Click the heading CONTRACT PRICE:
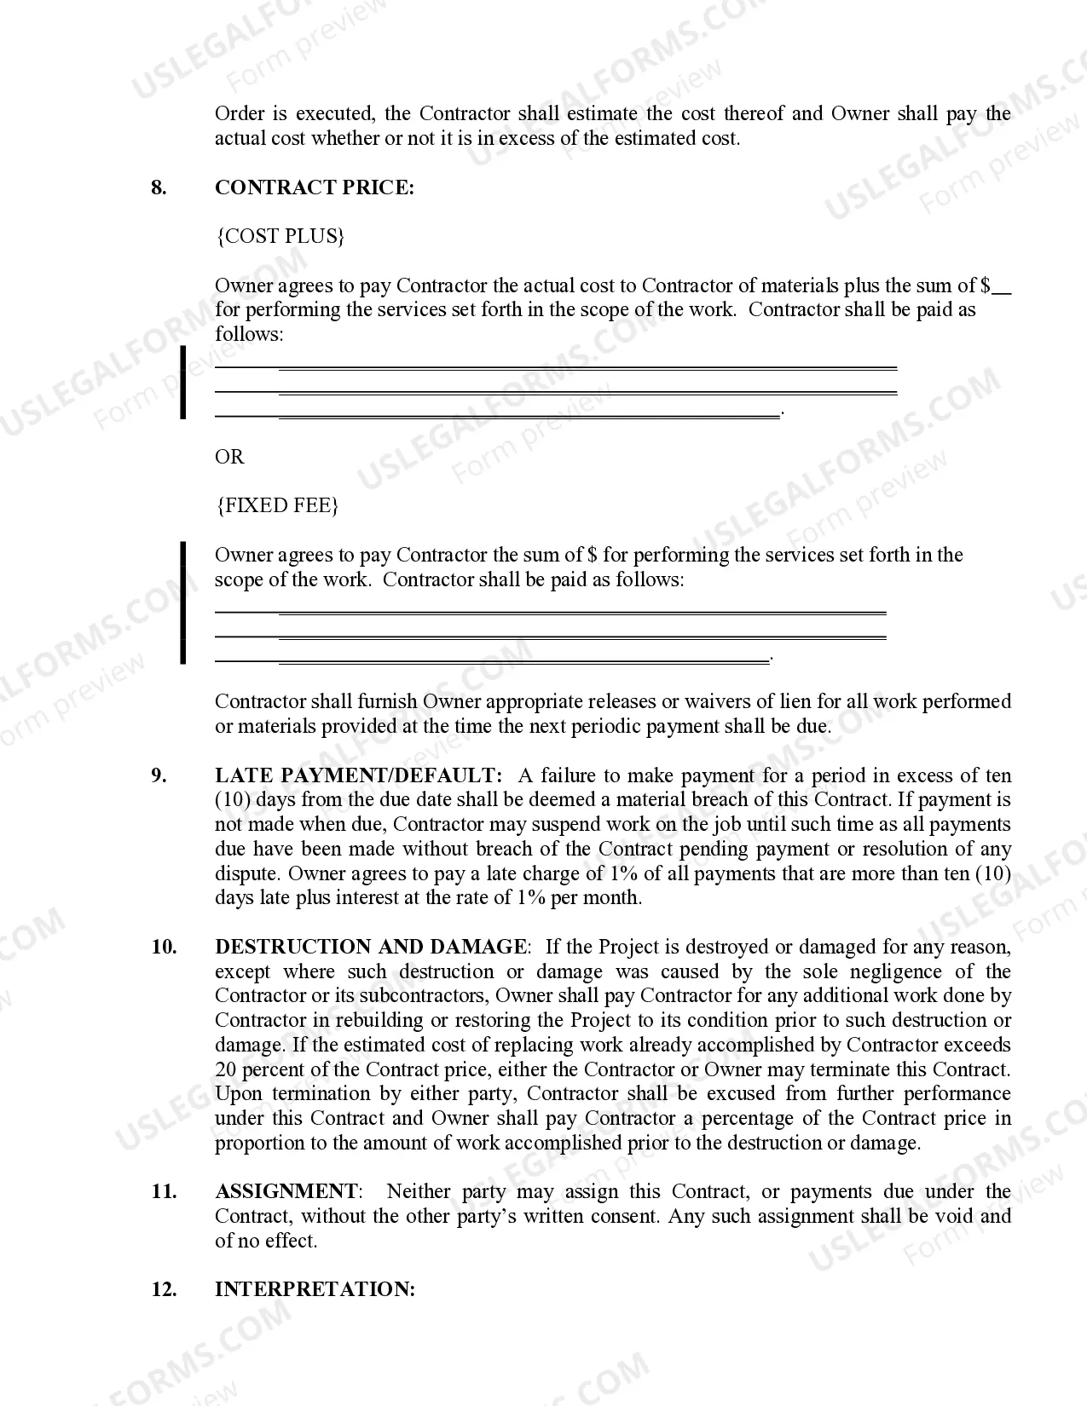pyautogui.click(x=314, y=187)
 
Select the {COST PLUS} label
pyautogui.click(x=280, y=236)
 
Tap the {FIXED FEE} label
pyautogui.click(x=277, y=505)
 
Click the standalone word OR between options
pyautogui.click(x=229, y=457)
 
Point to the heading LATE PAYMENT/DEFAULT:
pyautogui.click(x=359, y=775)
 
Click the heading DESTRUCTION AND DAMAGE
pyautogui.click(x=371, y=947)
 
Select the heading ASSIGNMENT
pyautogui.click(x=286, y=1191)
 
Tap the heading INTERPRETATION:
pyautogui.click(x=315, y=1289)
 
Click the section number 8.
pyautogui.click(x=159, y=187)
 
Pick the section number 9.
pyautogui.click(x=159, y=775)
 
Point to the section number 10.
pyautogui.click(x=164, y=947)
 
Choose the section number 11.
pyautogui.click(x=164, y=1191)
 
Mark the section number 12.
pyautogui.click(x=164, y=1289)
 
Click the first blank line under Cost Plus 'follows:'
pyautogui.click(x=555, y=367)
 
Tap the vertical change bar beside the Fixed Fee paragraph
pyautogui.click(x=182, y=602)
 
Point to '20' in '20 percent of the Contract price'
pyautogui.click(x=226, y=1069)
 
